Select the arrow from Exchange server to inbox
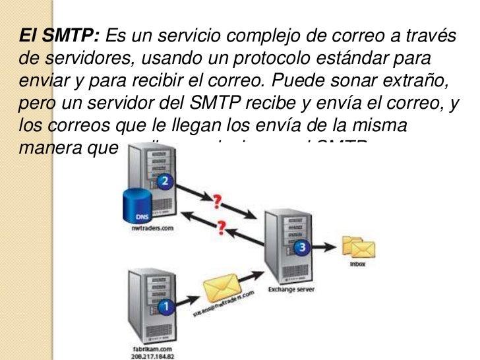326,248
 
